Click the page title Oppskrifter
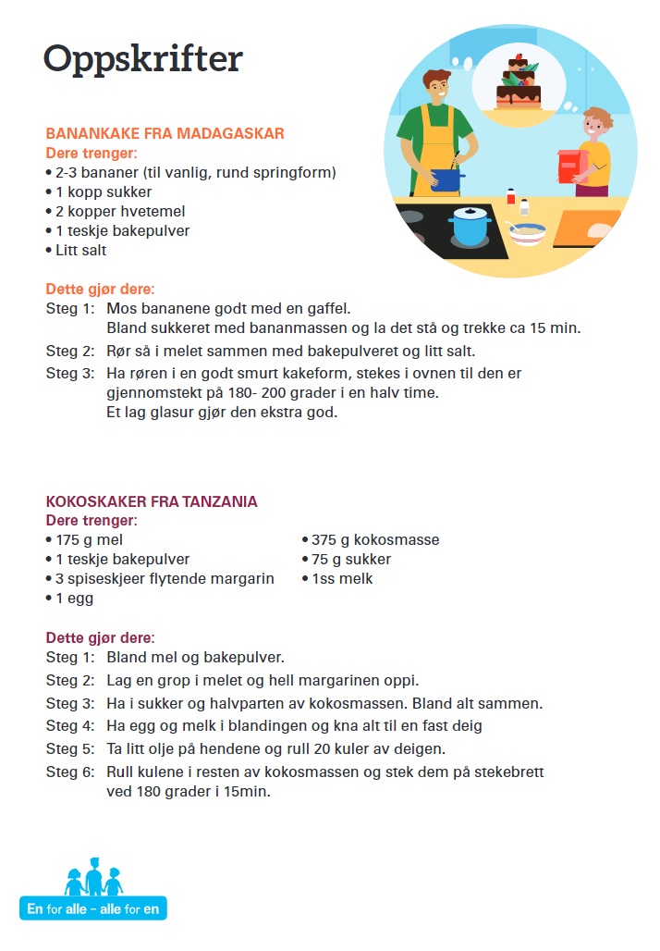click(142, 58)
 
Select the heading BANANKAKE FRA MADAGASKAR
click(165, 134)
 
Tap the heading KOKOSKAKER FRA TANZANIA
click(152, 501)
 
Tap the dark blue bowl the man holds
click(448, 179)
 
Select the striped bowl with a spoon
click(527, 233)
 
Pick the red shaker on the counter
click(510, 196)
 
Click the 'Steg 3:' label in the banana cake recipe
click(70, 374)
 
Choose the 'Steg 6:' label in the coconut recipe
click(70, 772)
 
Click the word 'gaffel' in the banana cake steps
click(327, 308)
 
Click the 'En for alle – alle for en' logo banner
click(93, 908)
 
